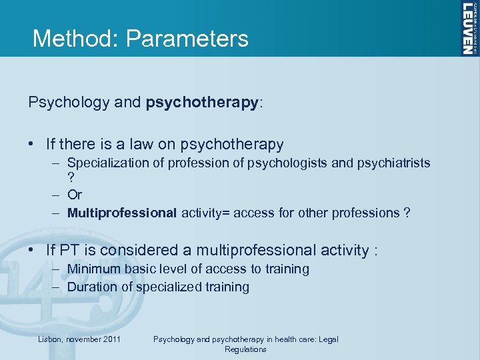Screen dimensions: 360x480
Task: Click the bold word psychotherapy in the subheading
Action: (x=202, y=103)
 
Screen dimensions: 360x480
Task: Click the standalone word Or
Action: (x=75, y=195)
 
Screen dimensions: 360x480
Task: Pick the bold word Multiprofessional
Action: (x=122, y=213)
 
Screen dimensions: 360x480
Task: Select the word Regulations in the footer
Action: (x=245, y=349)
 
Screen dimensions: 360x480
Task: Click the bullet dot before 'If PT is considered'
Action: (x=33, y=251)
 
